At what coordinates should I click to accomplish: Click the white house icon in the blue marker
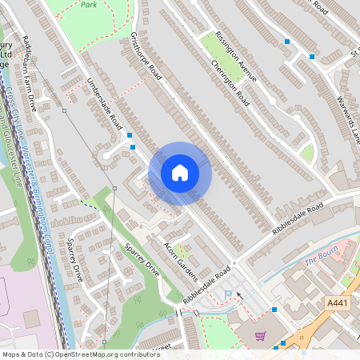180,172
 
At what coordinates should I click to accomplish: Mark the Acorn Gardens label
181,257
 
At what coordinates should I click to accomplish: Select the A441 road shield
338,303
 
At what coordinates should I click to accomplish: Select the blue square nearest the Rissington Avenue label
286,41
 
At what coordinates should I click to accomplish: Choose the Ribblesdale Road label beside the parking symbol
207,283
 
